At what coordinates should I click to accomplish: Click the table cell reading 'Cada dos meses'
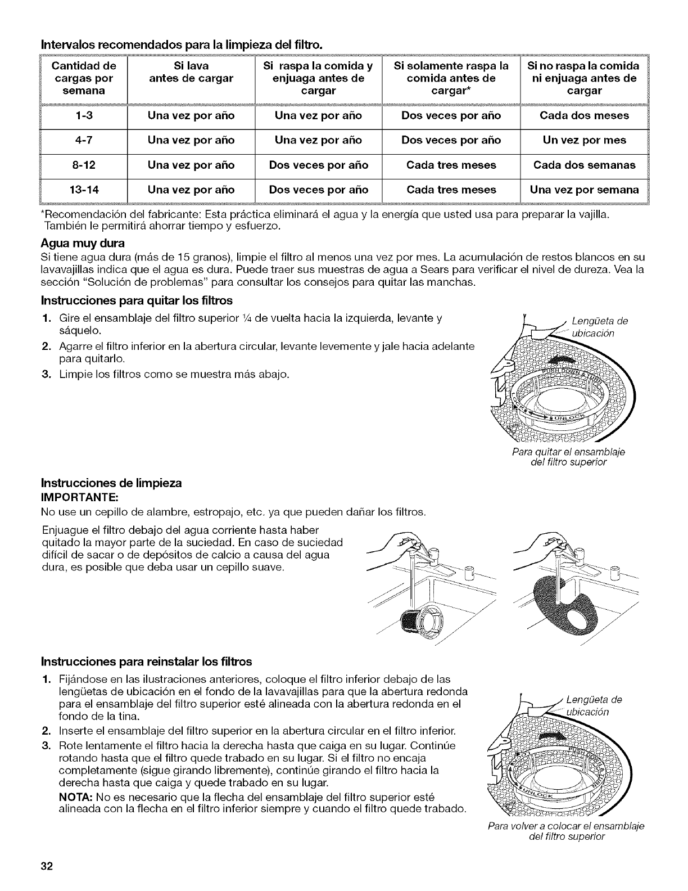click(x=584, y=116)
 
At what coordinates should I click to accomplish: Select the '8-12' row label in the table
click(x=84, y=165)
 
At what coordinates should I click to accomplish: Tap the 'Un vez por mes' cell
click(x=584, y=141)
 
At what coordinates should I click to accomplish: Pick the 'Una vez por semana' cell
click(x=584, y=190)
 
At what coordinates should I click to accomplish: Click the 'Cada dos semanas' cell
click(x=584, y=165)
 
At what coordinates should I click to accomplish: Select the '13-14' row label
click(x=84, y=190)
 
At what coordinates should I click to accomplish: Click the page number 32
click(x=46, y=866)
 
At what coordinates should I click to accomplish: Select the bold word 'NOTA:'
click(x=77, y=798)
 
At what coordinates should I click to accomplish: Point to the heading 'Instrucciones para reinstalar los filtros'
click(x=147, y=660)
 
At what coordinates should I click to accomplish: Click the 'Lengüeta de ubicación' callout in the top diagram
click(x=598, y=327)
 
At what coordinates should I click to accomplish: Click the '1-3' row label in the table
click(x=84, y=116)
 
